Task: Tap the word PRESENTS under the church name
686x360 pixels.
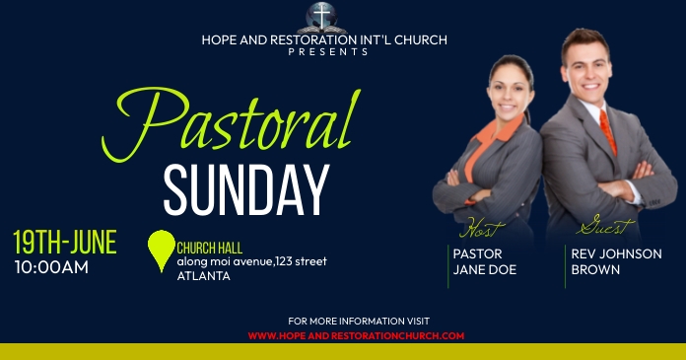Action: pos(328,52)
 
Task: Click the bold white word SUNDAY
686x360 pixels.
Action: pos(245,189)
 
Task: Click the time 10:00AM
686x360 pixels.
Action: pos(51,266)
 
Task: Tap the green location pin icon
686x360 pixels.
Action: pos(160,251)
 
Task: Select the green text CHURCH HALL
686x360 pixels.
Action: pos(210,248)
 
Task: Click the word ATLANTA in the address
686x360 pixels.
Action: pos(203,276)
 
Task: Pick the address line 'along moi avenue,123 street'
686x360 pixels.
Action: pos(251,261)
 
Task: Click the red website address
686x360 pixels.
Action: pos(355,335)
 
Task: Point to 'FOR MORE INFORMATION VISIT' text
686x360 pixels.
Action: pos(359,322)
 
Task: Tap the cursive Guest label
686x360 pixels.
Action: pos(605,228)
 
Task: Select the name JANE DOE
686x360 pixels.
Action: pos(484,269)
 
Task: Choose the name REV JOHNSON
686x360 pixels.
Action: pos(616,253)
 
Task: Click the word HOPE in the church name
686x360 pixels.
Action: pos(218,40)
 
